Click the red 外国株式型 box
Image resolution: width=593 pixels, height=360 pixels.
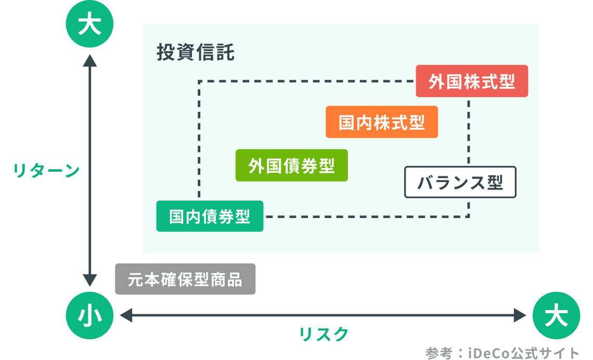point(472,81)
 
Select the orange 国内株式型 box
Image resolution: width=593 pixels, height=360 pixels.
point(381,122)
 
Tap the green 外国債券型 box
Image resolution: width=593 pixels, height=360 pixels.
point(291,165)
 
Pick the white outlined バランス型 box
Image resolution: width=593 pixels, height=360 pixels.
point(460,182)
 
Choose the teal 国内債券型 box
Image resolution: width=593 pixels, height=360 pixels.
point(210,216)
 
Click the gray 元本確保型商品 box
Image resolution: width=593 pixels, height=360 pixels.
point(185,279)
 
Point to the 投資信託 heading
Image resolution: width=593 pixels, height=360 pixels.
point(195,53)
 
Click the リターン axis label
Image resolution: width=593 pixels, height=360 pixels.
point(46,171)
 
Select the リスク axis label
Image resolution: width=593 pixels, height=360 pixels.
point(323,335)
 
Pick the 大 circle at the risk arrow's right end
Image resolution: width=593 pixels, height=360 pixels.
point(556,315)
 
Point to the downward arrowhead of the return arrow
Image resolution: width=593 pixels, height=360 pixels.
point(90,280)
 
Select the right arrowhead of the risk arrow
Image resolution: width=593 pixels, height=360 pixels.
point(520,315)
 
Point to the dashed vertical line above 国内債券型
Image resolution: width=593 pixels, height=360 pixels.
point(199,140)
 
